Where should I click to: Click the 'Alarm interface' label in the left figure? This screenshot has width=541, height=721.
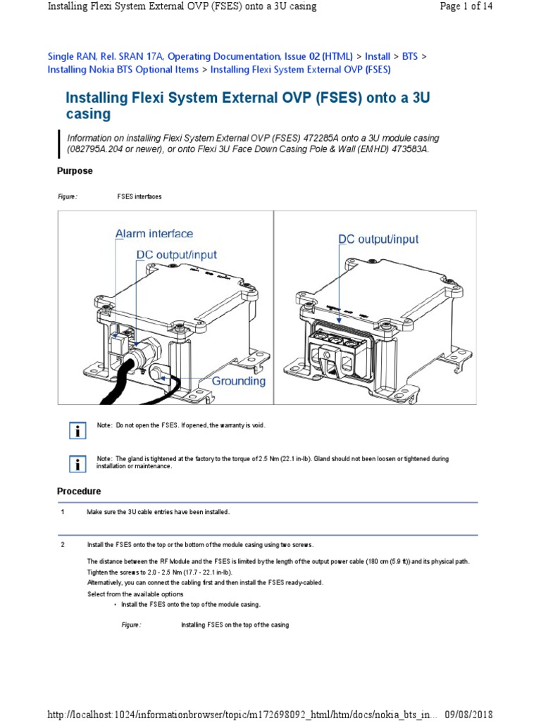pyautogui.click(x=154, y=234)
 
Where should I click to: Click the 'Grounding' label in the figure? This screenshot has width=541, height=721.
pyautogui.click(x=239, y=381)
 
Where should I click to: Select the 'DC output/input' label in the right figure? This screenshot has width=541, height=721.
pyautogui.click(x=378, y=239)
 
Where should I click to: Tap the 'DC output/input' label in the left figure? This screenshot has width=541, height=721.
pyautogui.click(x=177, y=255)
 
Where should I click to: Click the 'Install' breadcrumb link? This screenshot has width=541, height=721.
pyautogui.click(x=377, y=56)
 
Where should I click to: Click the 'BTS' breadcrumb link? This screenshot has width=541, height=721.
pyautogui.click(x=410, y=56)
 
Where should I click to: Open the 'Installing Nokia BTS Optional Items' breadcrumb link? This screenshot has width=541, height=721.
pyautogui.click(x=123, y=70)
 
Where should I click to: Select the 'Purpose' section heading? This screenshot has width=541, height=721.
pyautogui.click(x=74, y=171)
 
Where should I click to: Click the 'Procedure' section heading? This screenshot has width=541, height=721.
pyautogui.click(x=78, y=491)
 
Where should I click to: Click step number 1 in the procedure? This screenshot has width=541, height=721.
pyautogui.click(x=63, y=512)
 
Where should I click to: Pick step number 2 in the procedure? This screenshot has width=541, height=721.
pyautogui.click(x=63, y=544)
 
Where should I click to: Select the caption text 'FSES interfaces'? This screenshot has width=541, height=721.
pyautogui.click(x=139, y=196)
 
